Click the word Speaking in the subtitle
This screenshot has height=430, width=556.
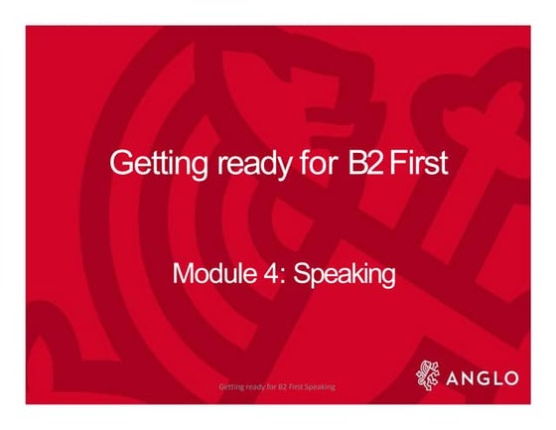333,274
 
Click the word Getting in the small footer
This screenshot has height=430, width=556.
230,385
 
